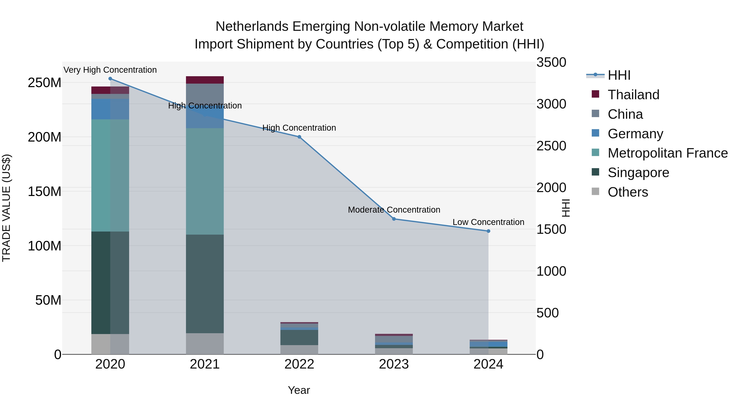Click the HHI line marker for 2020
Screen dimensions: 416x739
coord(110,79)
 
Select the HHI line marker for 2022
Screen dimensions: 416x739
coord(299,137)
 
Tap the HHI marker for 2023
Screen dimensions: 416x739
coord(394,219)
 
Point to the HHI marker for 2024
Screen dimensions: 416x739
coord(488,231)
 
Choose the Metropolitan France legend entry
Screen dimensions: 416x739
coord(667,153)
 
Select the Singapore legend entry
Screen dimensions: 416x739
coord(638,173)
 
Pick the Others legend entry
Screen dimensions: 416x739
coord(628,192)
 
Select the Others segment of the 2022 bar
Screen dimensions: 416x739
coord(299,349)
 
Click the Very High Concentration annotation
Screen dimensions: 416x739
coord(110,70)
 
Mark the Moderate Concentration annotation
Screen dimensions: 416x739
coord(394,210)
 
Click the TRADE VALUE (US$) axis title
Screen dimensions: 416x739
coord(6,208)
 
